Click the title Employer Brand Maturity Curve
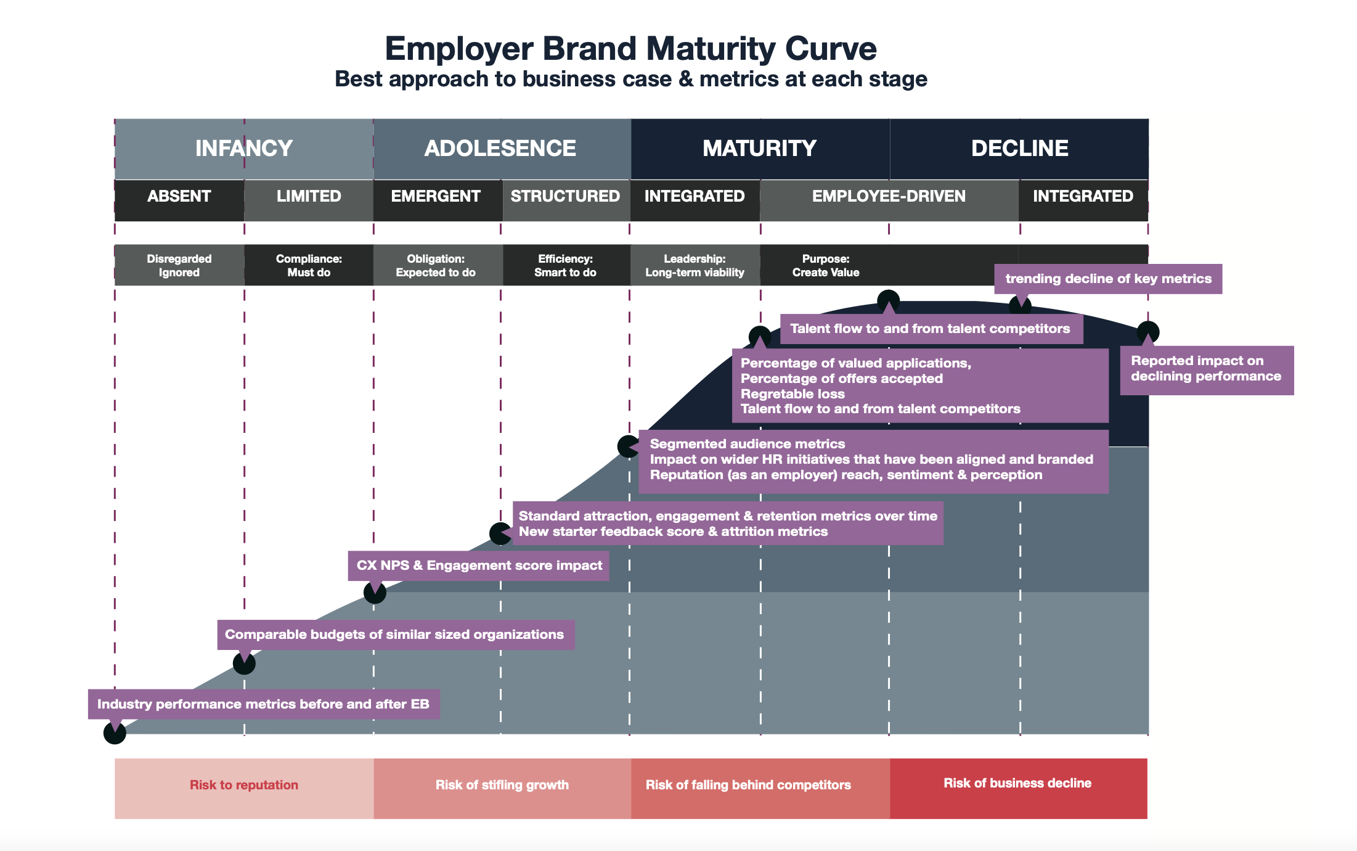630,49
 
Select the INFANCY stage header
243,149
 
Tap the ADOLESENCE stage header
500,149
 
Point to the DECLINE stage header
1019,149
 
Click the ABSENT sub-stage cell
179,197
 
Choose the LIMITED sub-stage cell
308,197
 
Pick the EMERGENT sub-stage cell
436,197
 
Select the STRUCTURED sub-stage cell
565,197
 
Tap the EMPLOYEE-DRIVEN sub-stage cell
889,197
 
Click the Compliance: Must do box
309,266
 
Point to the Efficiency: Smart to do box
565,266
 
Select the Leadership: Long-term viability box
695,266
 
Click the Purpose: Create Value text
826,266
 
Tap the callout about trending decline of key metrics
1108,279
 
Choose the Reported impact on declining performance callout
1206,369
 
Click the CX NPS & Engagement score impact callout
479,565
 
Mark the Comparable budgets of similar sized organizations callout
395,635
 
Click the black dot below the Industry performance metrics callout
115,733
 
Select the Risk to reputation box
244,786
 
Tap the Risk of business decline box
1017,784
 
